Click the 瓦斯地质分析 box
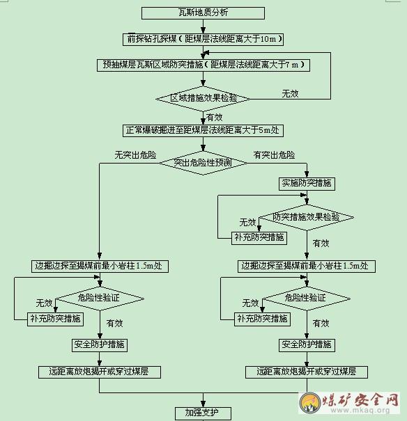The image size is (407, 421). point(203,13)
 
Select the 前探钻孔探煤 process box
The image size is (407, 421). point(203,39)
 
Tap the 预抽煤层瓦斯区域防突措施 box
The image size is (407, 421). point(203,65)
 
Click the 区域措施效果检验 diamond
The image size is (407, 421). point(203,99)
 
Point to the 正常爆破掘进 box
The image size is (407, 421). point(203,131)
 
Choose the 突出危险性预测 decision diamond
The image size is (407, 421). point(203,163)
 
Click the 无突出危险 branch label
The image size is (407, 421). point(135,155)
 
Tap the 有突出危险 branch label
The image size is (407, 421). point(274,155)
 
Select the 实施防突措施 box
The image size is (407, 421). point(307,184)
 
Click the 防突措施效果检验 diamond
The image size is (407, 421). point(307,218)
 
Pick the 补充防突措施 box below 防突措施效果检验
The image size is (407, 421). point(259,238)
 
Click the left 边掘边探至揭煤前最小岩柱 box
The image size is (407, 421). point(100,266)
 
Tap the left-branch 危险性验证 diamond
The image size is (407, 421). point(100,299)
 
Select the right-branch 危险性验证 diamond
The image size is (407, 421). point(307,299)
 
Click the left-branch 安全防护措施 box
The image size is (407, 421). point(100,345)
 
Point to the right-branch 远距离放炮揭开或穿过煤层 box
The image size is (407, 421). point(307,372)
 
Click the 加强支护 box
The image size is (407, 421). point(203,413)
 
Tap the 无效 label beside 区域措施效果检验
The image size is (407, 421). point(291,94)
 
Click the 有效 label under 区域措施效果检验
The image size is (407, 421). point(214,118)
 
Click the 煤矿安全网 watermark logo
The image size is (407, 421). point(349,403)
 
